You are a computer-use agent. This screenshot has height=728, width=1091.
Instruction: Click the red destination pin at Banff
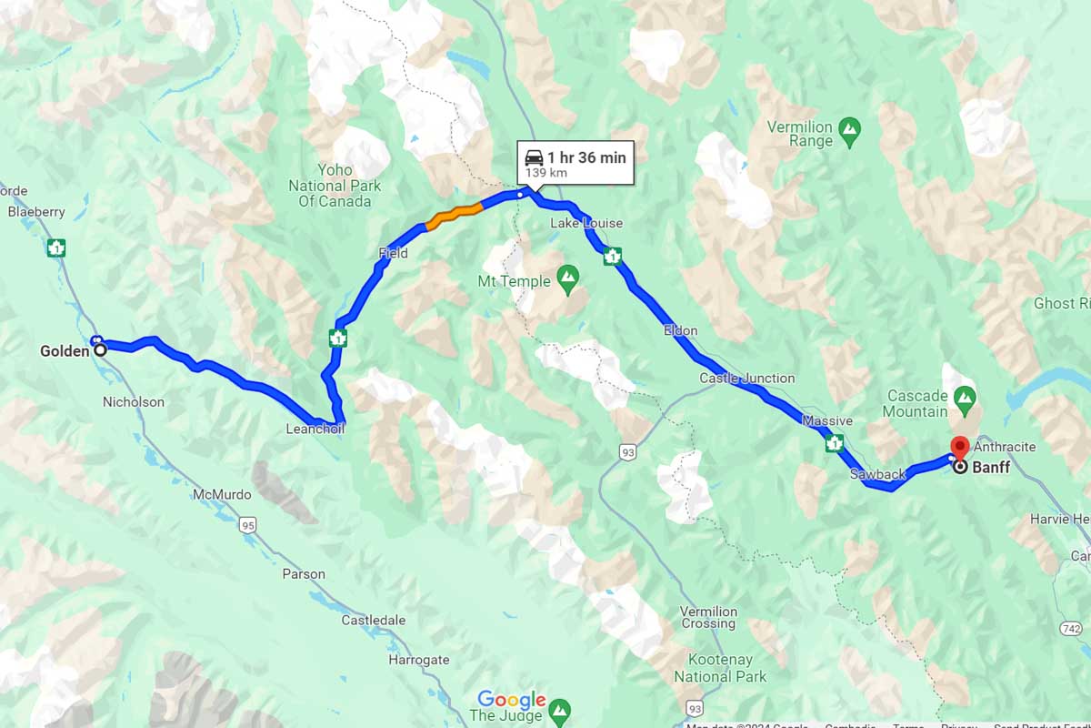pyautogui.click(x=958, y=447)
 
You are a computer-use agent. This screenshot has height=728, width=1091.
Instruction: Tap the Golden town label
pyautogui.click(x=65, y=351)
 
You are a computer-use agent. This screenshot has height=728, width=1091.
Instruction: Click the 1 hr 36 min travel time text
pyautogui.click(x=586, y=157)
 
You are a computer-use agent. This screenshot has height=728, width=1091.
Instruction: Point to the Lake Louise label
pyautogui.click(x=586, y=224)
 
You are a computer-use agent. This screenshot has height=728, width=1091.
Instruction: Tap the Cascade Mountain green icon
pyautogui.click(x=965, y=396)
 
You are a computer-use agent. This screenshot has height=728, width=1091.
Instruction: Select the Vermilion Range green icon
pyautogui.click(x=850, y=127)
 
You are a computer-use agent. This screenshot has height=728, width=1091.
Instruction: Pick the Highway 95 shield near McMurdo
pyautogui.click(x=249, y=525)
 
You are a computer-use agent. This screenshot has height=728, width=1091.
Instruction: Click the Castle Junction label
pyautogui.click(x=746, y=379)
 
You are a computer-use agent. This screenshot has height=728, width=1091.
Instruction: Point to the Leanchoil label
pyautogui.click(x=315, y=429)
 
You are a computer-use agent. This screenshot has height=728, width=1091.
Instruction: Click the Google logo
pyautogui.click(x=512, y=700)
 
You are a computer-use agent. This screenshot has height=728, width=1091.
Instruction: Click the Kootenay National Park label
pyautogui.click(x=720, y=667)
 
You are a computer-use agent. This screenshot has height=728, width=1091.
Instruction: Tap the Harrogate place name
pyautogui.click(x=418, y=660)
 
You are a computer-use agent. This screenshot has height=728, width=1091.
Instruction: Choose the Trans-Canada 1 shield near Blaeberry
pyautogui.click(x=56, y=247)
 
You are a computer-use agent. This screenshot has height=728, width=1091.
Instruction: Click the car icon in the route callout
pyautogui.click(x=535, y=157)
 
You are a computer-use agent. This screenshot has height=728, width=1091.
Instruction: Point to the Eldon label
pyautogui.click(x=680, y=330)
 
